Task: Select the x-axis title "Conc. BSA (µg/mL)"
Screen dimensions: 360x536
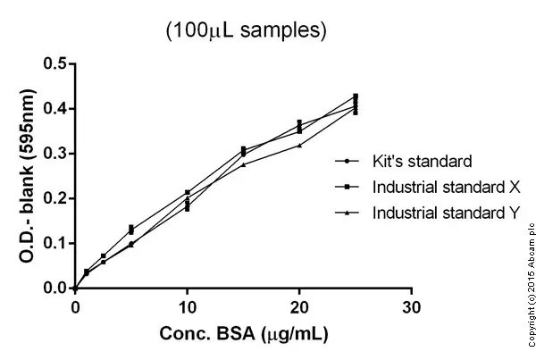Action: pos(242,335)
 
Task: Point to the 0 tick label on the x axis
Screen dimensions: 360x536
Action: pos(75,307)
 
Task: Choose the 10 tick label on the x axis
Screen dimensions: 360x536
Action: pos(187,307)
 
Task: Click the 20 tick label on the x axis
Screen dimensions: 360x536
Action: pos(299,307)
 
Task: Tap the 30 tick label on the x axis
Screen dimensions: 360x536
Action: pos(411,307)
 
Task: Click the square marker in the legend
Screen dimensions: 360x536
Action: pos(345,188)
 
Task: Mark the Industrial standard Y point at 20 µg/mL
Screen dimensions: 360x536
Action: pos(299,145)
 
